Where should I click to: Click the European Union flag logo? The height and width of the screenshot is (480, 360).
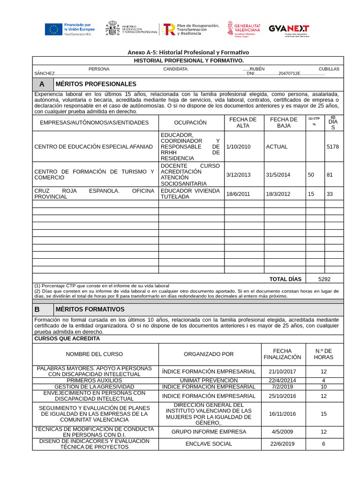pyautogui.click(x=53, y=29)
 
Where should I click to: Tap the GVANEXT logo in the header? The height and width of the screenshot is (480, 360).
pyautogui.click(x=289, y=29)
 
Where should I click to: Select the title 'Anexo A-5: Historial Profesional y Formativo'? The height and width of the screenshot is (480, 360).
pyautogui.click(x=188, y=52)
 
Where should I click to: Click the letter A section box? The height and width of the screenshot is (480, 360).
pyautogui.click(x=42, y=84)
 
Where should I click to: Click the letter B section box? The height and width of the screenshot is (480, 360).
pyautogui.click(x=42, y=310)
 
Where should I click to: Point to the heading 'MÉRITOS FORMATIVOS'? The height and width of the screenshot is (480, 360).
pyautogui.click(x=90, y=309)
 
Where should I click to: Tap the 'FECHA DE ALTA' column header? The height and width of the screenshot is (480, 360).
pyautogui.click(x=243, y=122)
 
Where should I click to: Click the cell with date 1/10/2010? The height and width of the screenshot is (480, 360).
pyautogui.click(x=238, y=147)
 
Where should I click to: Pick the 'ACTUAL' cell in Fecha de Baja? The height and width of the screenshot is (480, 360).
pyautogui.click(x=277, y=147)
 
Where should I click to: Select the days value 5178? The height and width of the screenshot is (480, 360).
pyautogui.click(x=332, y=147)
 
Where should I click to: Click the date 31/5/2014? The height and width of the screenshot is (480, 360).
pyautogui.click(x=278, y=175)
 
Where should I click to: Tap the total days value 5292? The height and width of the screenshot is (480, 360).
pyautogui.click(x=324, y=279)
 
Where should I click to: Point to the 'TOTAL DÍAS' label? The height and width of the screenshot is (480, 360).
pyautogui.click(x=285, y=279)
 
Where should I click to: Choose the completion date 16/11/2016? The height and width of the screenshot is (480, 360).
pyautogui.click(x=282, y=414)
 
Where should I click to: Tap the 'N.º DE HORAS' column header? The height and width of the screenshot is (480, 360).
pyautogui.click(x=323, y=354)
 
